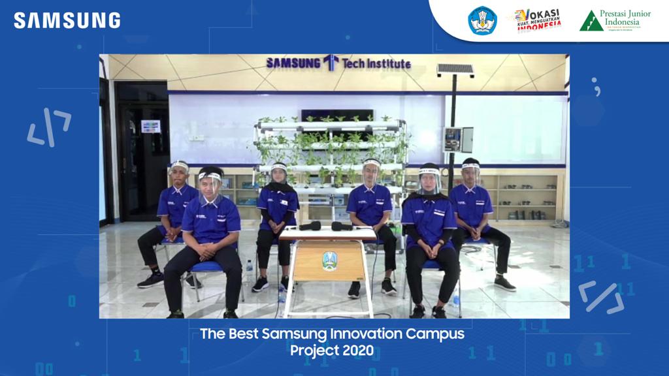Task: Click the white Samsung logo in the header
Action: (67, 20)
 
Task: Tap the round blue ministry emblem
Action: (482, 20)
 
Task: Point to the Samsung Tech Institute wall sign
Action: (338, 63)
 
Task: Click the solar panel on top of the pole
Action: (455, 69)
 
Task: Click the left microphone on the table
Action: (310, 226)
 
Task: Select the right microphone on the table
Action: (342, 226)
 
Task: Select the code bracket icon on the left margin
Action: (49, 127)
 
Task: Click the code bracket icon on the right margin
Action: (600, 296)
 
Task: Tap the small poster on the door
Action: (150, 126)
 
